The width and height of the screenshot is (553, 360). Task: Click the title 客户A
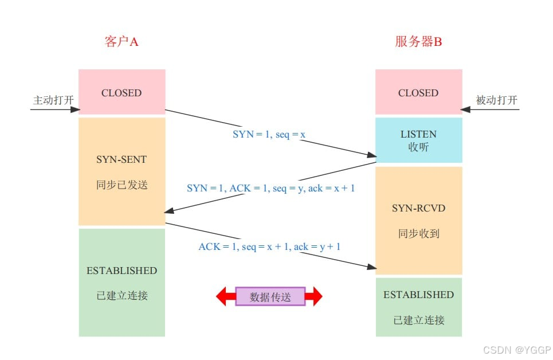click(121, 42)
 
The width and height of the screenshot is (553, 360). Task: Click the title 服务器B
click(418, 42)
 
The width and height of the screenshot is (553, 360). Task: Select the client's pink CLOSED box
click(121, 92)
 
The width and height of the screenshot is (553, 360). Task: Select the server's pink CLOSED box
click(418, 92)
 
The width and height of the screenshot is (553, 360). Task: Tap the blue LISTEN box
click(418, 140)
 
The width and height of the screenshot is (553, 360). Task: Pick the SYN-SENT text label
click(121, 160)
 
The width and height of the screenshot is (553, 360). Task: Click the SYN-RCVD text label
click(418, 208)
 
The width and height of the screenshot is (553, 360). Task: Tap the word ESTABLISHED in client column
click(121, 271)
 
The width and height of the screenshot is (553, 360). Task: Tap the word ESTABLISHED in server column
click(418, 295)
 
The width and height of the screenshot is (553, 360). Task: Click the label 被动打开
click(496, 100)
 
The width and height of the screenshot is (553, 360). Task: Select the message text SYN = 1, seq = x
click(269, 134)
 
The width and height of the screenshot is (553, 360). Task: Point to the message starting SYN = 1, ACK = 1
click(270, 188)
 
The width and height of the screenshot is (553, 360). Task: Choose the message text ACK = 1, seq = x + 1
click(269, 246)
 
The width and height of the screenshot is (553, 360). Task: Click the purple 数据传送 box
click(270, 296)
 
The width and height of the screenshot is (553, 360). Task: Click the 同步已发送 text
click(121, 185)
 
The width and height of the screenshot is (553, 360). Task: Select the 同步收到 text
click(418, 233)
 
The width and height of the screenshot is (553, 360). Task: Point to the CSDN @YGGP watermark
click(516, 350)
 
